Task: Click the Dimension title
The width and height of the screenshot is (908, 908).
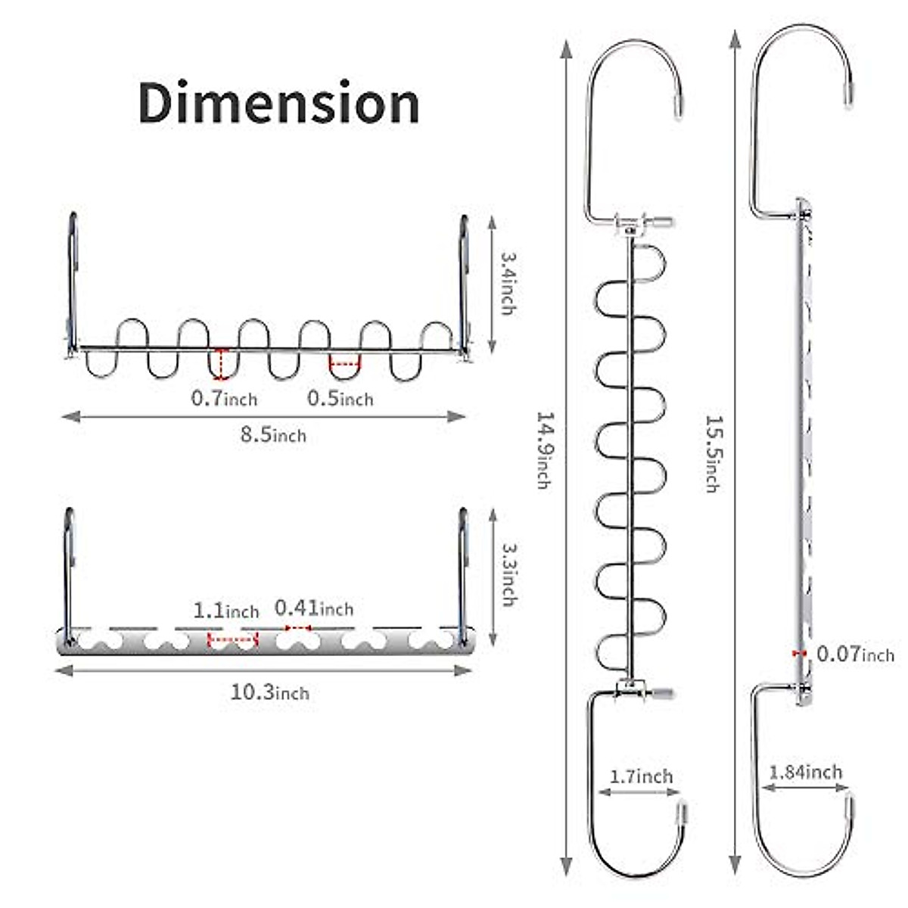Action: [279, 103]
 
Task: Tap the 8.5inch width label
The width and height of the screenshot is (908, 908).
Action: [273, 434]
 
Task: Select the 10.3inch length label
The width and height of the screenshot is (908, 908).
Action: [270, 692]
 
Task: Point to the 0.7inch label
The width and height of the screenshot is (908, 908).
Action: [224, 399]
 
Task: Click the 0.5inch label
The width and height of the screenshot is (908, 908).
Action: [340, 399]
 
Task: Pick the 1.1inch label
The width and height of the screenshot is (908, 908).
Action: [226, 611]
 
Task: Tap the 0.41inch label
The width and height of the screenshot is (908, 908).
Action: [314, 608]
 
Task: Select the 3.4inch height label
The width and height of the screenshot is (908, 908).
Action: [508, 284]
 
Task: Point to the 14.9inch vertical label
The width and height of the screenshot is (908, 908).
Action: [545, 450]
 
